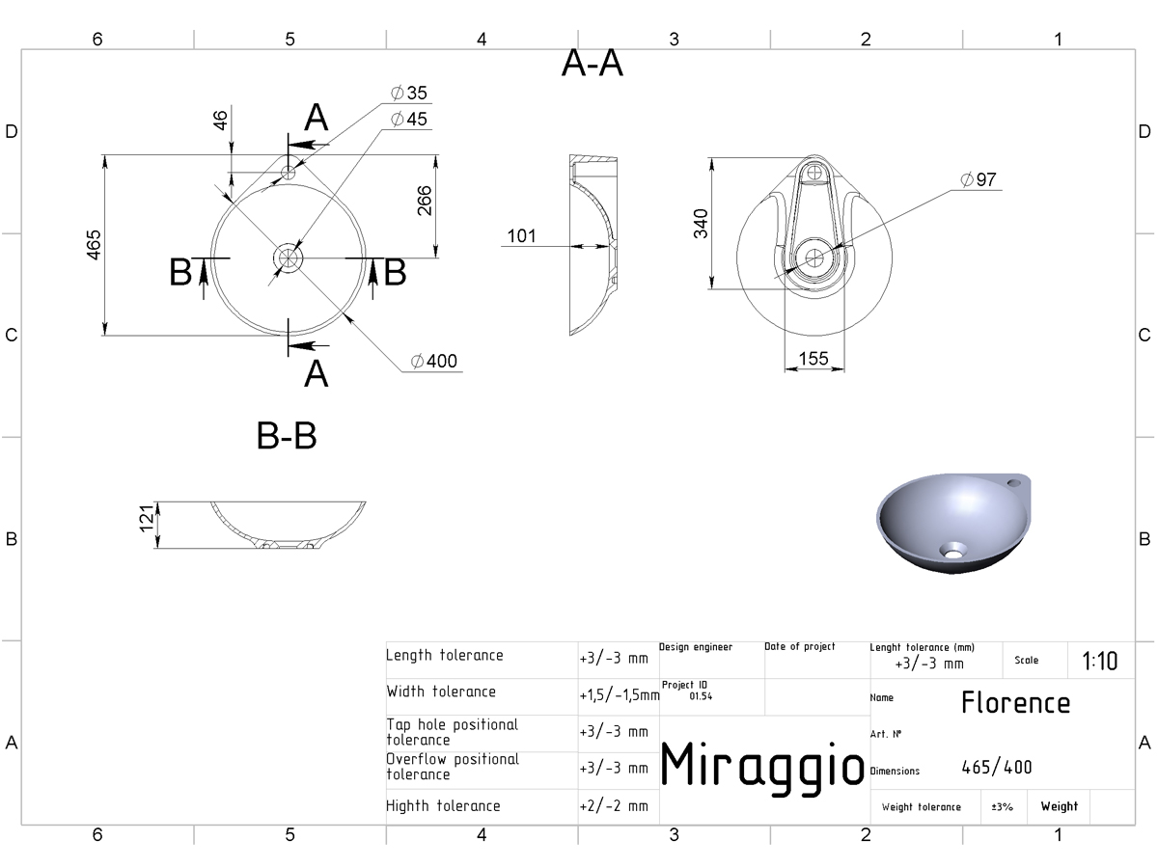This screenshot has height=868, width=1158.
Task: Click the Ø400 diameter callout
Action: pos(433,361)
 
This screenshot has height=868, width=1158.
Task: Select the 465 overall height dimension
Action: pos(94,245)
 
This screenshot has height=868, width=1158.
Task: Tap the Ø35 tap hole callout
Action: pos(409,93)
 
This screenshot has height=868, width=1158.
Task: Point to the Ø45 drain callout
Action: pos(409,119)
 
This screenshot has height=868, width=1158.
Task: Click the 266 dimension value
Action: pos(425,201)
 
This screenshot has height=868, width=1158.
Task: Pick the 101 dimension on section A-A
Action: pos(521,235)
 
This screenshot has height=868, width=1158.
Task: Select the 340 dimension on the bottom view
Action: pos(701,224)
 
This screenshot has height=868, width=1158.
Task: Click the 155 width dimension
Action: pos(813,359)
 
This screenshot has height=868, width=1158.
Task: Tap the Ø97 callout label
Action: pos(979,179)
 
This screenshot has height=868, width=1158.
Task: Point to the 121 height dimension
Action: pos(147,519)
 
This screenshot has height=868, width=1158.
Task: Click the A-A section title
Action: pos(593,64)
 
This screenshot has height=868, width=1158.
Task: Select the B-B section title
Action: pos(287,436)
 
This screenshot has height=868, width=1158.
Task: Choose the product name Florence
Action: pos(1015,702)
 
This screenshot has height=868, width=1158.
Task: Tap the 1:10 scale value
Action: pos(1099,661)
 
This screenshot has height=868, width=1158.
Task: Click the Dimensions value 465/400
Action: pos(997,768)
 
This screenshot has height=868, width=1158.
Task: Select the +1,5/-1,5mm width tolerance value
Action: pos(620,695)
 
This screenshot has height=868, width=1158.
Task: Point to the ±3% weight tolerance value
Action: pos(1002,807)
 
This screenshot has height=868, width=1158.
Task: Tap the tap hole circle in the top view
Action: pos(288,173)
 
